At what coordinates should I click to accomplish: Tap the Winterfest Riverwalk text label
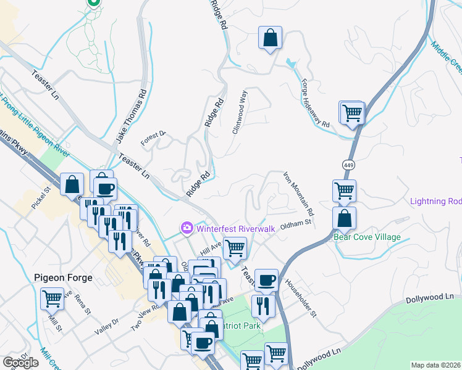[234, 228]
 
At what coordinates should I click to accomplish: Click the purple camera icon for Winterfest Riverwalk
[187, 228]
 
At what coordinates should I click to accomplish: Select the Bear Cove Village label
[367, 237]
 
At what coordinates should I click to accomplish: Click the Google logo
[20, 363]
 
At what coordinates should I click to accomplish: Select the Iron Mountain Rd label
[299, 194]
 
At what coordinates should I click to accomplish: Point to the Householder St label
[301, 298]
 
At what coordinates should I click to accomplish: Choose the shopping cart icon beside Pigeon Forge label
[52, 299]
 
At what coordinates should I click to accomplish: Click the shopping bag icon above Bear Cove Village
[344, 218]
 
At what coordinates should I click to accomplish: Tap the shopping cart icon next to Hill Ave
[235, 248]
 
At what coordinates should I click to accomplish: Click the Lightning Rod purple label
[436, 202]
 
